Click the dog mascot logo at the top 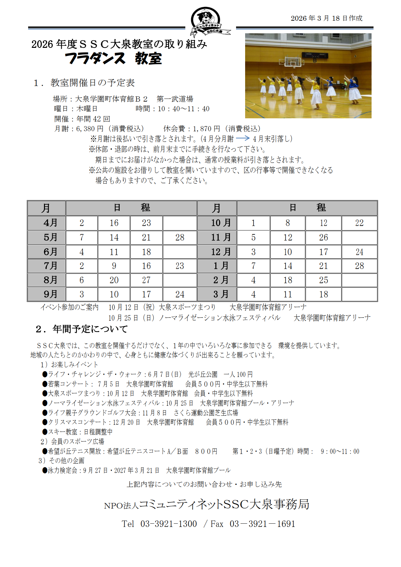click(x=207, y=20)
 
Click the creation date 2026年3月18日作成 click(x=326, y=18)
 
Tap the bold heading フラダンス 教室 click(x=114, y=59)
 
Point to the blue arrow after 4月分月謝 click(x=243, y=138)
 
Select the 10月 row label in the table click(x=217, y=223)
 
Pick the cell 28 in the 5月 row click(x=180, y=238)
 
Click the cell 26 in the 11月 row click(x=323, y=238)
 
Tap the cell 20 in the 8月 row click(x=114, y=280)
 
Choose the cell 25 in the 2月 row click(x=323, y=280)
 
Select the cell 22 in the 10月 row click(x=359, y=223)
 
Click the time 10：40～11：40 click(x=183, y=109)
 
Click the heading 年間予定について click(x=90, y=329)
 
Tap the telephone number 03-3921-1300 click(x=168, y=524)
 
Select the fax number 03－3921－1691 click(x=262, y=524)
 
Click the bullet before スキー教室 click(x=45, y=432)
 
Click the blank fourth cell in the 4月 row click(x=180, y=223)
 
